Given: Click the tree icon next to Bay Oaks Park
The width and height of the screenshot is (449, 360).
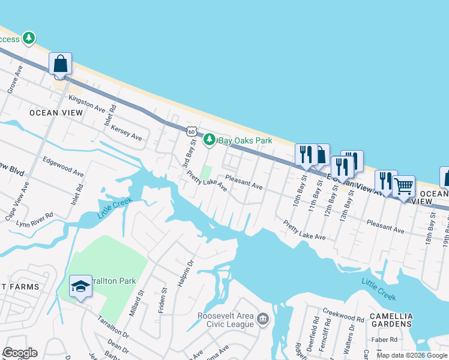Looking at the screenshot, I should coord(209,140).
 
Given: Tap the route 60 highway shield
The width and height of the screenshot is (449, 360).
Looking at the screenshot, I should coord(191,131).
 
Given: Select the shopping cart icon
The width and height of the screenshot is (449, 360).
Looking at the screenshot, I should coord(403,186).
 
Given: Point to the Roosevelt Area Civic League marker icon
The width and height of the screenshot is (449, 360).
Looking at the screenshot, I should coord(262,319).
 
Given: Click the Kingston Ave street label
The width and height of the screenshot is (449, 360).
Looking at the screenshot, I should coord(87,103).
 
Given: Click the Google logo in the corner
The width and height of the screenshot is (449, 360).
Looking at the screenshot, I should coord(20,353).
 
